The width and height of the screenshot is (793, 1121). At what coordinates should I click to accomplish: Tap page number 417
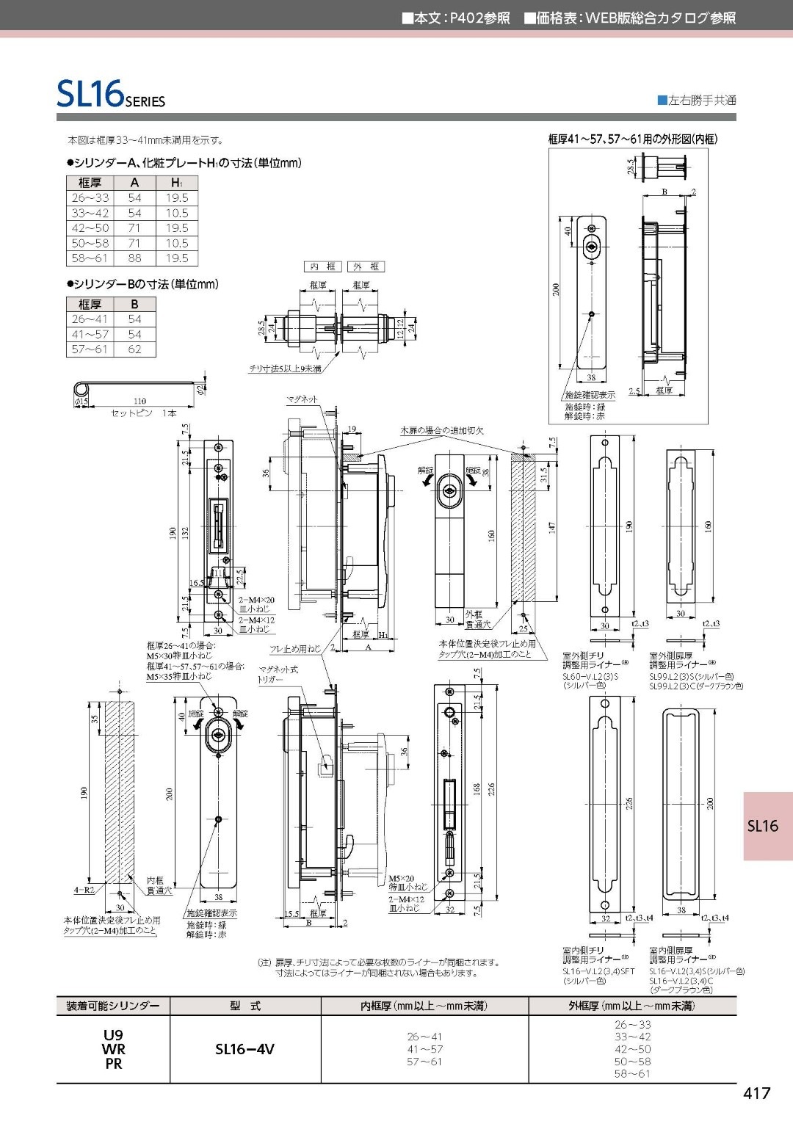pyautogui.click(x=756, y=1093)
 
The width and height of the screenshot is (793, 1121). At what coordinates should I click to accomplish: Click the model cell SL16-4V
pyautogui.click(x=245, y=1049)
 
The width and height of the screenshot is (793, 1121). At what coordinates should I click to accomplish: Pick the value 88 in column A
pyautogui.click(x=134, y=258)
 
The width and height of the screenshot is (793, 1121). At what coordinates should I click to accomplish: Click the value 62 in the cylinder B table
pyautogui.click(x=134, y=349)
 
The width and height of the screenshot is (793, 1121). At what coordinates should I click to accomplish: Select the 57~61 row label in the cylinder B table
pyautogui.click(x=90, y=349)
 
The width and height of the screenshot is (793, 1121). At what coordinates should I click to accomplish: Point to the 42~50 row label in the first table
pyautogui.click(x=90, y=228)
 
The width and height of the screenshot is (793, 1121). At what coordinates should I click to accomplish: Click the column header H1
pyautogui.click(x=176, y=183)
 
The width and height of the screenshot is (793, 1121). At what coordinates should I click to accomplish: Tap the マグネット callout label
pyautogui.click(x=302, y=399)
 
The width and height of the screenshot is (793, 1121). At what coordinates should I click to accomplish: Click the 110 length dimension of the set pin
pyautogui.click(x=140, y=402)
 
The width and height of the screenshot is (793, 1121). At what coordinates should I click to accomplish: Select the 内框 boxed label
pyautogui.click(x=322, y=266)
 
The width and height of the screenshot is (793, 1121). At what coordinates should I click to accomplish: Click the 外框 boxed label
pyautogui.click(x=366, y=266)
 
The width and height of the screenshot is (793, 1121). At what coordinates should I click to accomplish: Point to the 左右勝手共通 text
pyautogui.click(x=701, y=101)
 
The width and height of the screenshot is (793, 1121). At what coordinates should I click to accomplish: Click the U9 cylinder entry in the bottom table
pyautogui.click(x=113, y=1036)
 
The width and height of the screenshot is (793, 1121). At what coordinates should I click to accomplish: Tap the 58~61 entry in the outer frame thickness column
pyautogui.click(x=632, y=1073)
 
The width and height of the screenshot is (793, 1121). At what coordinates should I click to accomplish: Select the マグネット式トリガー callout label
pyautogui.click(x=278, y=674)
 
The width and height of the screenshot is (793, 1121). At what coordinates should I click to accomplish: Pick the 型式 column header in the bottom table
pyautogui.click(x=245, y=1006)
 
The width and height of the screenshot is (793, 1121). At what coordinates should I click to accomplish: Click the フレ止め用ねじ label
pyautogui.click(x=295, y=648)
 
